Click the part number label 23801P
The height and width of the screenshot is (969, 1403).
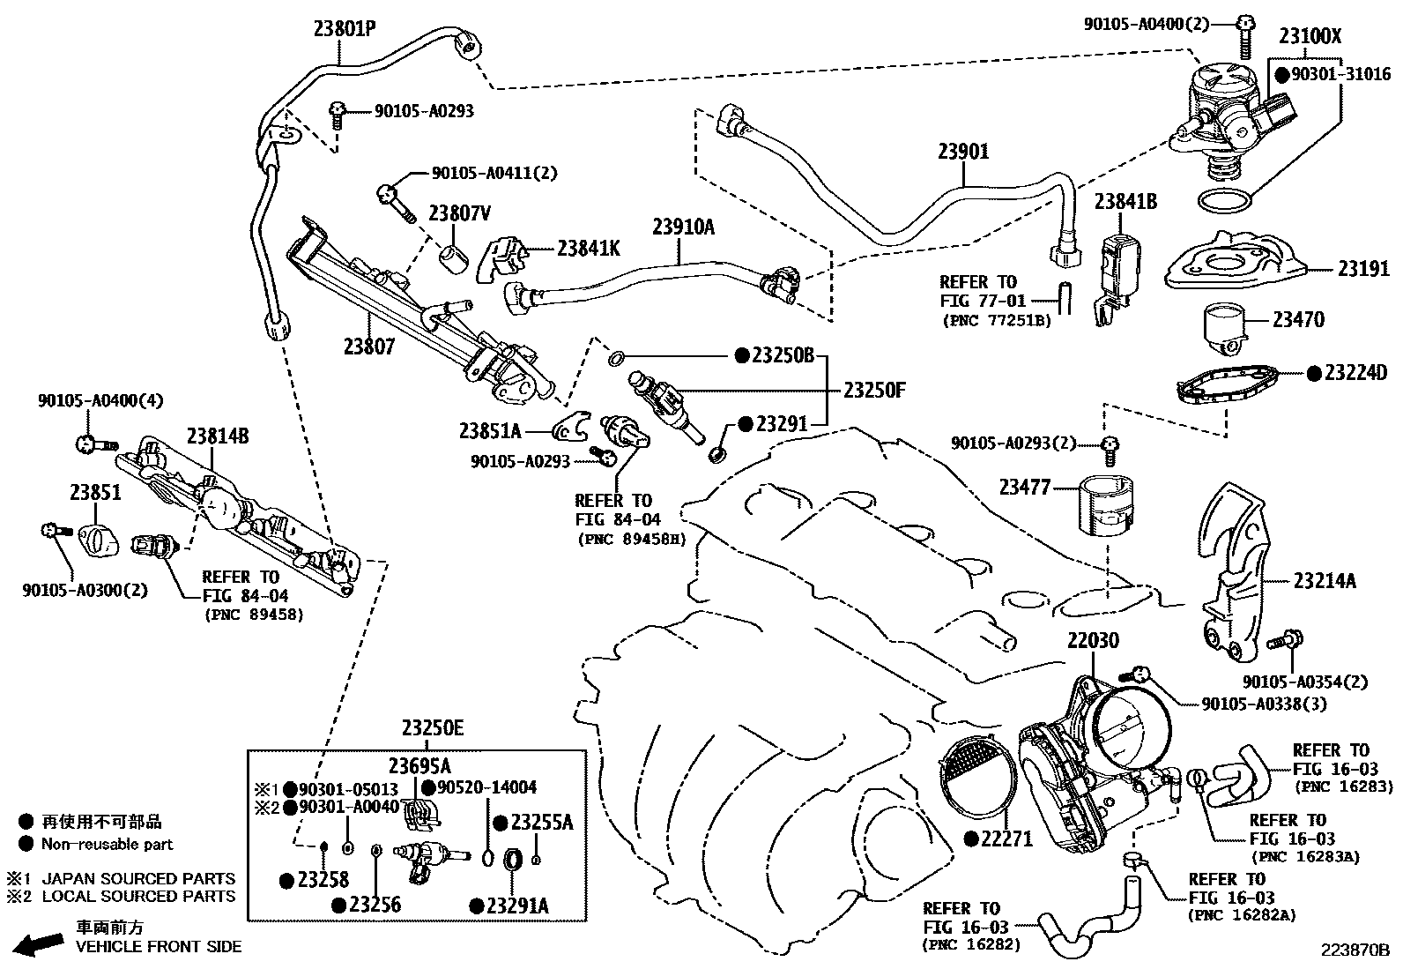pos(345,28)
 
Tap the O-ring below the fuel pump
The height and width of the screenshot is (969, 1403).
pos(1225,200)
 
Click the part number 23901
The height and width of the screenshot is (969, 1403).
pos(962,152)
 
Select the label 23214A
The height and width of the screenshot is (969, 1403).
pos(1325,581)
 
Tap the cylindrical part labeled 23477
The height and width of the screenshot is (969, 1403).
pos(1107,504)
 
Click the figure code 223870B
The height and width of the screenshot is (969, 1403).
pos(1354,950)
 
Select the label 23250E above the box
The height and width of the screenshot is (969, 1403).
pos(433,728)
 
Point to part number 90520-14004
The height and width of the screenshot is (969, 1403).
pos(486,787)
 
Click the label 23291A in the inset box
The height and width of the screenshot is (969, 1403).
pos(520,906)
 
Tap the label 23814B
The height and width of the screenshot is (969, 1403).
pos(217,436)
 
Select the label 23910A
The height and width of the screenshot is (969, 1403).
pos(683,227)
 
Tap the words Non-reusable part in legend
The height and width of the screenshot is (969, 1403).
pos(108,845)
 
